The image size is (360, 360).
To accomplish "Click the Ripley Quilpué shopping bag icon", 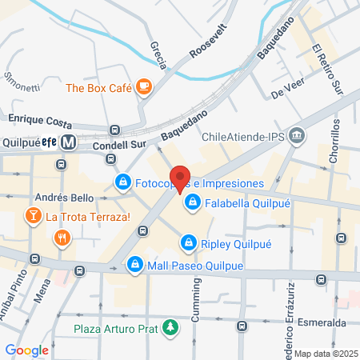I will (x=188, y=241).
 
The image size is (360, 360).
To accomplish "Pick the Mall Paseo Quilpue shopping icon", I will (x=136, y=264).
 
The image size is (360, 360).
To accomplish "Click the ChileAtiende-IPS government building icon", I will (x=298, y=135).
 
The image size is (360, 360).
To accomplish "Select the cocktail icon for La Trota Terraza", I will (x=33, y=215).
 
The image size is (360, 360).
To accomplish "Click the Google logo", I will (x=27, y=350).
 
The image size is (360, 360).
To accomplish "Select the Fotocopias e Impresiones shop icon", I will (x=122, y=183).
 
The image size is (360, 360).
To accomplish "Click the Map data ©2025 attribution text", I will (x=326, y=354).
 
